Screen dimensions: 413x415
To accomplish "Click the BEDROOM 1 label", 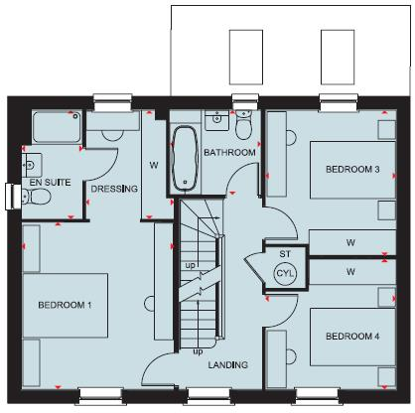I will pyautogui.click(x=66, y=304).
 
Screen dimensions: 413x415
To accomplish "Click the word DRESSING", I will pyautogui.click(x=114, y=188).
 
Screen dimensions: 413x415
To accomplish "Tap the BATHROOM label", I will pyautogui.click(x=230, y=153).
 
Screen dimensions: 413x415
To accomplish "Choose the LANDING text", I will pyautogui.click(x=227, y=364).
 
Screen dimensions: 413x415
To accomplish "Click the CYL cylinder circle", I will pyautogui.click(x=285, y=273).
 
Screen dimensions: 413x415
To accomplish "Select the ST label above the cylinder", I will pyautogui.click(x=283, y=254).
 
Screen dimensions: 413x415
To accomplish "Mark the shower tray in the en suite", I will pyautogui.click(x=56, y=127).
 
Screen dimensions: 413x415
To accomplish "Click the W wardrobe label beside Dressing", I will pyautogui.click(x=155, y=165).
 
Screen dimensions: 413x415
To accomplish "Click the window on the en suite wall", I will pyautogui.click(x=12, y=196).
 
